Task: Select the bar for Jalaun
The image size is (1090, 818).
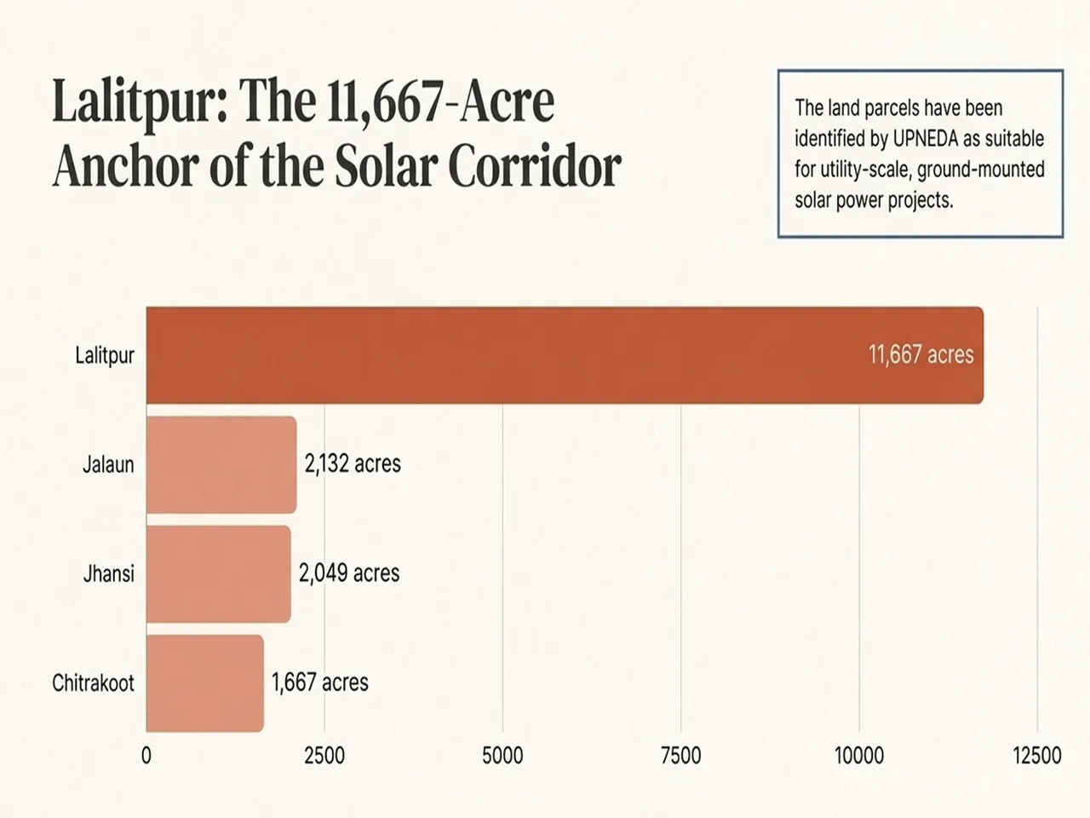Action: click(221, 464)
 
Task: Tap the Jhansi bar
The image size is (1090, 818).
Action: click(218, 573)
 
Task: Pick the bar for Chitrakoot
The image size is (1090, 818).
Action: click(204, 683)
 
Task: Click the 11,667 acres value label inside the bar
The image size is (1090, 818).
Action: click(921, 354)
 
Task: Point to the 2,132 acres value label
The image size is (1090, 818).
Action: click(353, 464)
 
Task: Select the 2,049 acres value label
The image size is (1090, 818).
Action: click(349, 573)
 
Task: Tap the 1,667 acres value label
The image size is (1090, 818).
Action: click(320, 683)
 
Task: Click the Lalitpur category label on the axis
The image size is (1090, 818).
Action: click(105, 355)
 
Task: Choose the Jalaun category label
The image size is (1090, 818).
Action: click(108, 465)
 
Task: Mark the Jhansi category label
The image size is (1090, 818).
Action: click(108, 573)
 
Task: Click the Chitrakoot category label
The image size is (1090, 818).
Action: click(93, 683)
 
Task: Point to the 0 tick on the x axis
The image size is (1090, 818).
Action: click(146, 756)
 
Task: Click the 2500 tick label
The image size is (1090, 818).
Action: click(324, 756)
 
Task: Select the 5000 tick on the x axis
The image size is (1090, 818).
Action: click(502, 756)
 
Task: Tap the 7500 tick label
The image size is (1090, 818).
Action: click(681, 756)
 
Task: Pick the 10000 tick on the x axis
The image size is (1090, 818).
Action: click(859, 756)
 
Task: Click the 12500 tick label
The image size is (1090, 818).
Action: click(1037, 756)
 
